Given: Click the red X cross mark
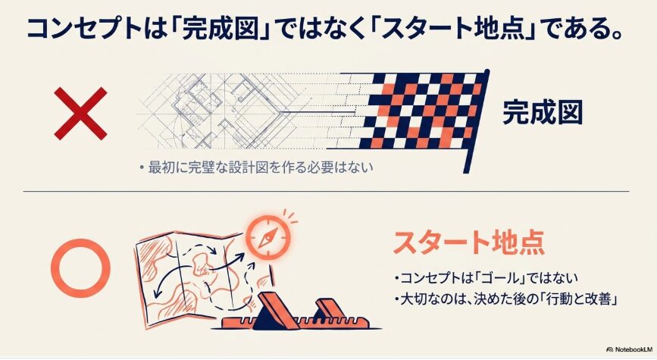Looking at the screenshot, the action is (x=81, y=113).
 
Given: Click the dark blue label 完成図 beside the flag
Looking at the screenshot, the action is (x=543, y=112).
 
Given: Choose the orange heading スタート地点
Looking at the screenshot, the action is (x=469, y=243).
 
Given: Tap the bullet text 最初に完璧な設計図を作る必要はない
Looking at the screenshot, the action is (x=256, y=167).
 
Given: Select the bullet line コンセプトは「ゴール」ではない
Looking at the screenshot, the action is (x=486, y=278).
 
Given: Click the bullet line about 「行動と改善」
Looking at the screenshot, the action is (x=506, y=299).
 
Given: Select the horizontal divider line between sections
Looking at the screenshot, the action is (x=326, y=192).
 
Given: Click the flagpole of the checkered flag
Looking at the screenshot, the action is (x=477, y=121).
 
